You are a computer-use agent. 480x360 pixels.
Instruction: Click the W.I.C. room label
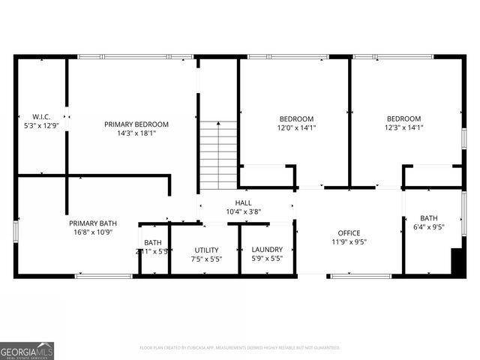(40, 116)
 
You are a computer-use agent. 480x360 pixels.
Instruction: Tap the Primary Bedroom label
(136, 124)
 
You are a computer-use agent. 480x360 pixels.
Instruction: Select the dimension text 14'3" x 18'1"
(136, 134)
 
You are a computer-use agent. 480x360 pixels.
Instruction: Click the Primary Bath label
(92, 223)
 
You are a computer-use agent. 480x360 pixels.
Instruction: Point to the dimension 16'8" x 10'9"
(92, 232)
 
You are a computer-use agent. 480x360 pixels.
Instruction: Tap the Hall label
(244, 203)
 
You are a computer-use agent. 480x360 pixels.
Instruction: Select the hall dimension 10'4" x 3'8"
(244, 212)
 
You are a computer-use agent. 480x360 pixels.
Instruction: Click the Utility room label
(206, 250)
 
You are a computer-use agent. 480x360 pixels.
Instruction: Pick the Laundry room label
(266, 250)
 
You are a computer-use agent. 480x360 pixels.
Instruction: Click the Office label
(349, 233)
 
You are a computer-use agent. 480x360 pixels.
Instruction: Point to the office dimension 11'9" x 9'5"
(349, 242)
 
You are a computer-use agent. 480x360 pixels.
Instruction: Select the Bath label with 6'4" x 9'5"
(428, 218)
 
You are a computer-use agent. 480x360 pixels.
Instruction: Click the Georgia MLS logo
(27, 350)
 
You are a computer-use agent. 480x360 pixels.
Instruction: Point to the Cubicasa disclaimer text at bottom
(240, 347)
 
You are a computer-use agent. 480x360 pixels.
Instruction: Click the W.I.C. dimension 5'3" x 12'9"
(40, 125)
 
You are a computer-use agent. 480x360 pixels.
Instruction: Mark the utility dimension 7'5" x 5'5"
(206, 259)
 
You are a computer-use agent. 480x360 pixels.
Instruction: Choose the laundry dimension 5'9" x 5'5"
(266, 259)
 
